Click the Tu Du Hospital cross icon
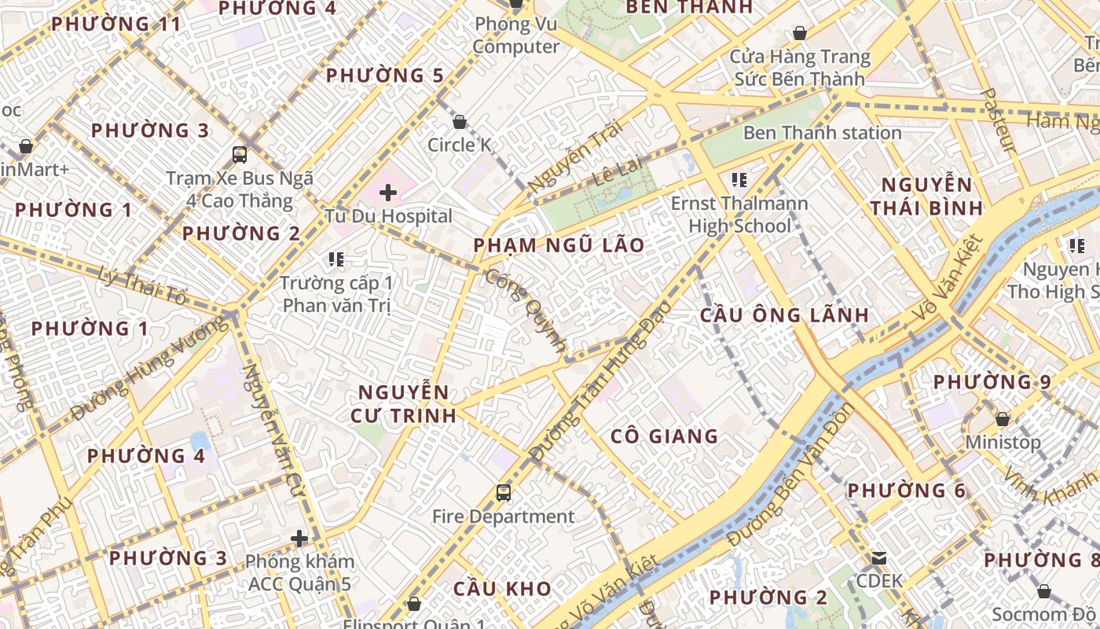point(388,192)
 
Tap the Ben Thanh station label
point(822,132)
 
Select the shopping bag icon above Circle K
point(460,122)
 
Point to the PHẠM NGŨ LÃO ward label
point(559,245)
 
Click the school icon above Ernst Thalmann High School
point(739,180)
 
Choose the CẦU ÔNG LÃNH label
point(784,315)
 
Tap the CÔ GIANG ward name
point(665,436)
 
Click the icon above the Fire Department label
point(504,493)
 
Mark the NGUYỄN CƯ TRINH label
point(406,403)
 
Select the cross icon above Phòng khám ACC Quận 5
point(299,539)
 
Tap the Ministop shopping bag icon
point(1003,419)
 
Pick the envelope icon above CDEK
point(879,558)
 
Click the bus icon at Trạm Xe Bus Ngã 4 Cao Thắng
point(240,154)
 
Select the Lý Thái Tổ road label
point(144,285)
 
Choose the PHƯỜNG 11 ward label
point(116,24)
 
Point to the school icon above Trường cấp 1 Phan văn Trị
point(336,259)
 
